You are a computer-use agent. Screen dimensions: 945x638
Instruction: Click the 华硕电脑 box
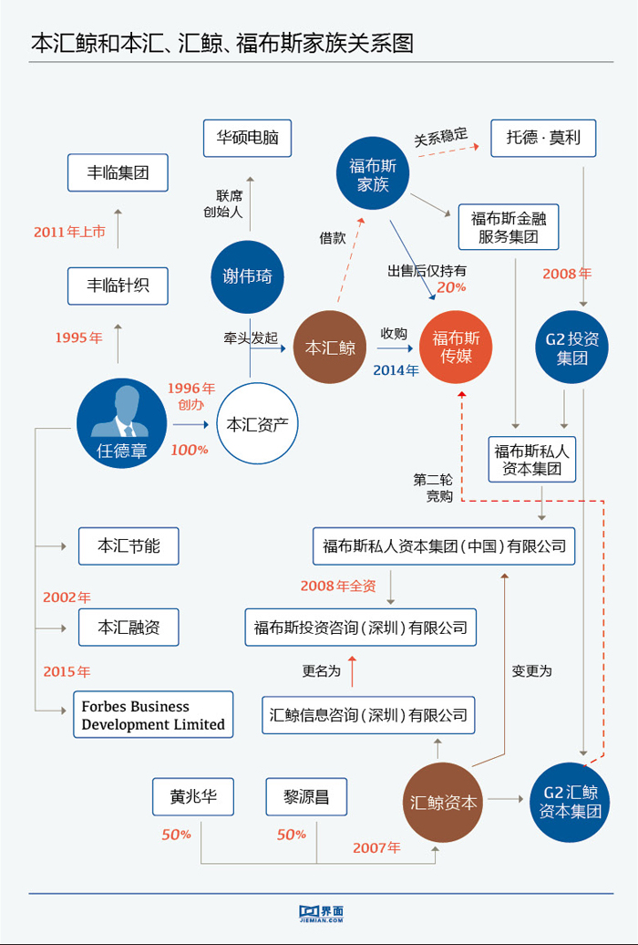point(247,140)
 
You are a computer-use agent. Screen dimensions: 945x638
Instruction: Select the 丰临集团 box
point(118,171)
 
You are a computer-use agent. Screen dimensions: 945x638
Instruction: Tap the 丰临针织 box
point(118,286)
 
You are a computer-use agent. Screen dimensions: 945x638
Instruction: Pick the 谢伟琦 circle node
point(248,276)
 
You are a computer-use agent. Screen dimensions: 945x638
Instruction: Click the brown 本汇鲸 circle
point(330,348)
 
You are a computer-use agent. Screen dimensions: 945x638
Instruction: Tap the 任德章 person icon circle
point(122,423)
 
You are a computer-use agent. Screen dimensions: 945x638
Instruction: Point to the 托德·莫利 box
point(543,139)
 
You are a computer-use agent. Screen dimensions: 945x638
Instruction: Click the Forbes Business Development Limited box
point(153,715)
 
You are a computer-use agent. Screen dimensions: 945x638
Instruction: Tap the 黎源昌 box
point(306,796)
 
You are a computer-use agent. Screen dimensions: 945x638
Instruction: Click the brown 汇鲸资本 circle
point(443,803)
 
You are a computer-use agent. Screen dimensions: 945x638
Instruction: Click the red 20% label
point(451,287)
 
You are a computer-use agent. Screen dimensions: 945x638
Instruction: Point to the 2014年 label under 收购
point(396,369)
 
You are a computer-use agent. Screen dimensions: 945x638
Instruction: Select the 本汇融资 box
point(129,627)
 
